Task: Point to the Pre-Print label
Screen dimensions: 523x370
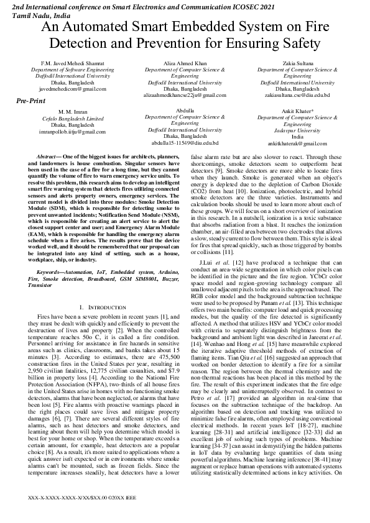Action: click(31, 100)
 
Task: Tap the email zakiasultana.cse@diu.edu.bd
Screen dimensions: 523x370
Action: click(297, 95)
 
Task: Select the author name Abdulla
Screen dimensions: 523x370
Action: click(185, 111)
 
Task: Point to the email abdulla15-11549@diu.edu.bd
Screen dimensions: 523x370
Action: click(185, 142)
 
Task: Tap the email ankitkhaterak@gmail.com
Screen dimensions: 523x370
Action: click(297, 143)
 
